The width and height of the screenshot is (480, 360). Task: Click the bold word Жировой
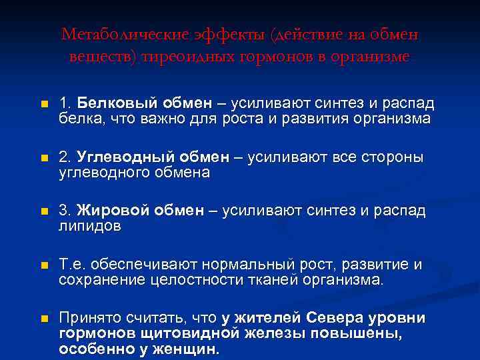click(x=113, y=211)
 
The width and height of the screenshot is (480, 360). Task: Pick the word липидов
click(x=89, y=227)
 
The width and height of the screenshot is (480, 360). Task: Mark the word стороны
click(x=393, y=158)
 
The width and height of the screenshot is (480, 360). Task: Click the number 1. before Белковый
click(x=65, y=104)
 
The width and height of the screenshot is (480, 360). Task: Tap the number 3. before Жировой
click(x=65, y=211)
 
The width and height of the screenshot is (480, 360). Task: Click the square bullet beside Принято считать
click(x=44, y=319)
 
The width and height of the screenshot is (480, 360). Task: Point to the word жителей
click(x=266, y=317)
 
